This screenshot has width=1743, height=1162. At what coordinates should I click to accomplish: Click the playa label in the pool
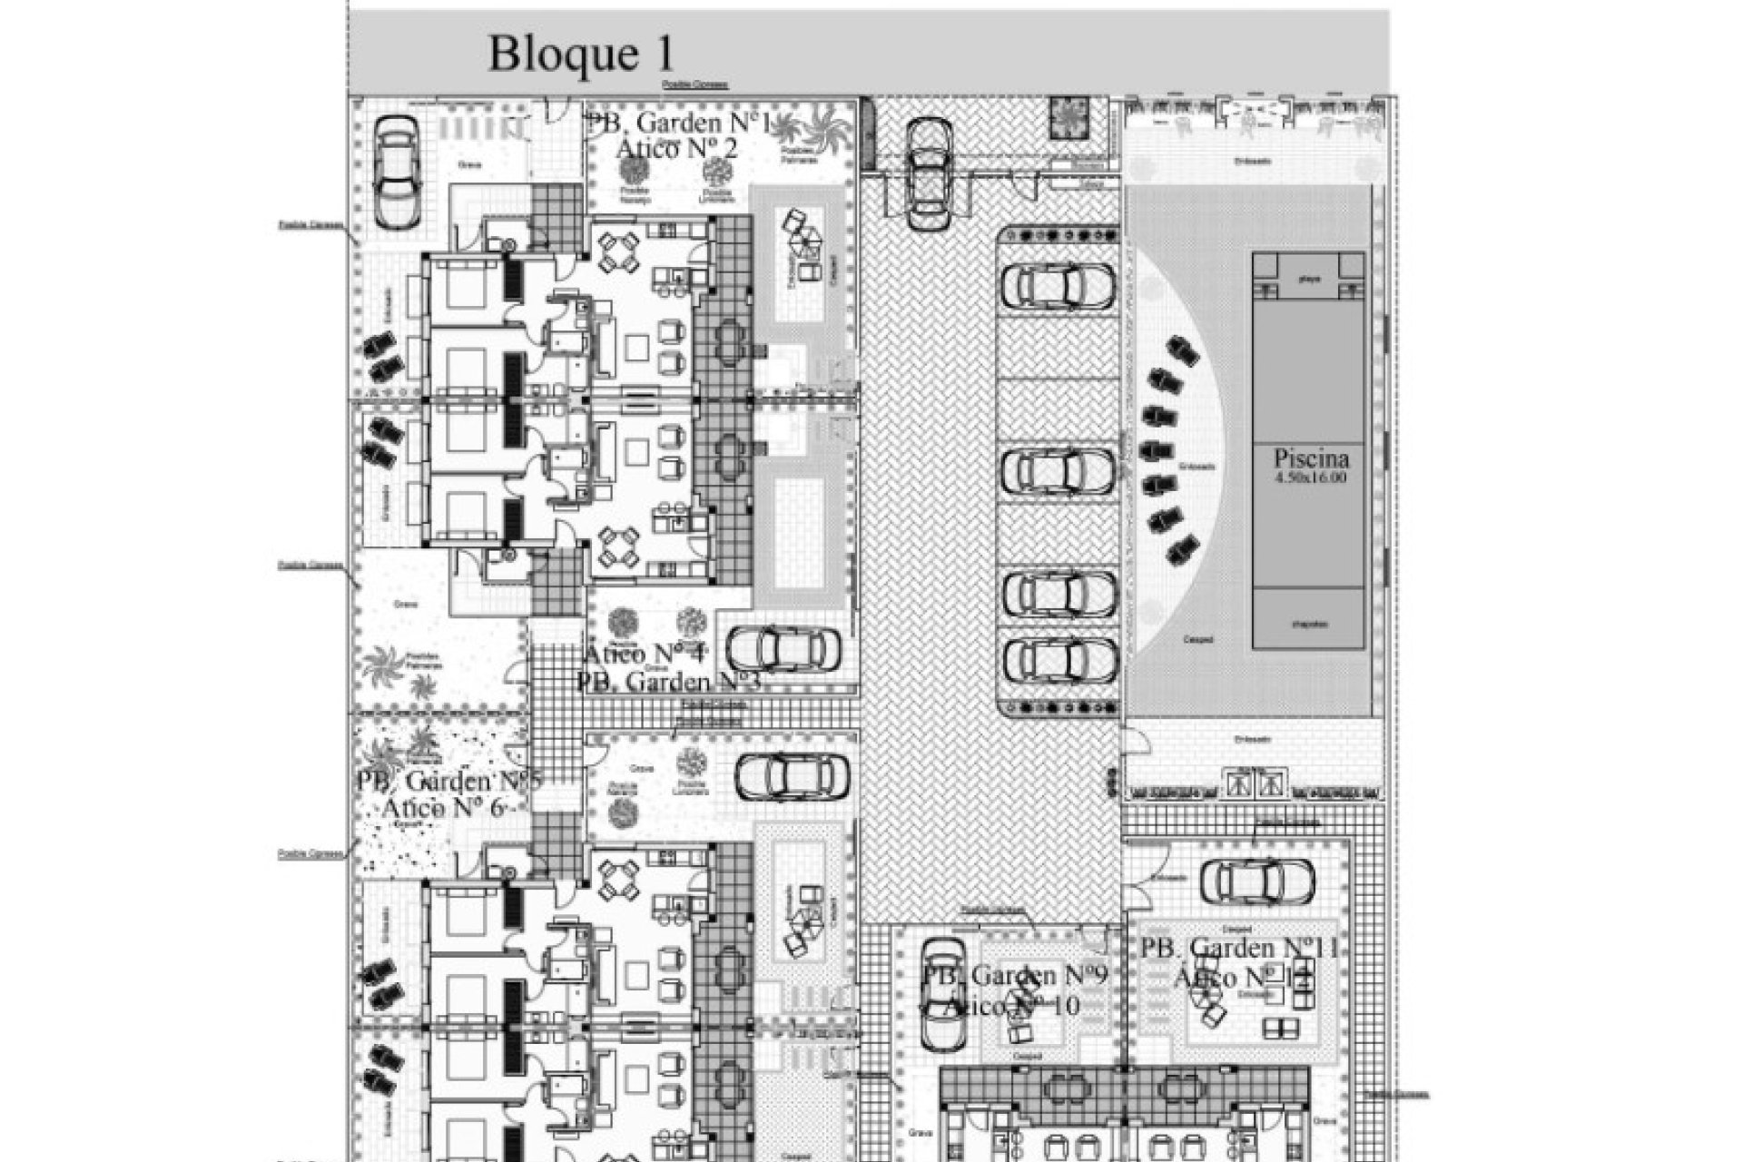(x=1308, y=280)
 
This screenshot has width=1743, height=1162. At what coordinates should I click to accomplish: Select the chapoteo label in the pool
(x=1308, y=624)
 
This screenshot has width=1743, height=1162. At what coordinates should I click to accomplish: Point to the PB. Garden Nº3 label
(x=667, y=681)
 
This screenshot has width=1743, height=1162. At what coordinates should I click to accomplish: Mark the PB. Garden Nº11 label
(x=1239, y=949)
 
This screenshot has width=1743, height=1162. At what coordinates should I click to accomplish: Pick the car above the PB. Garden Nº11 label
(x=1256, y=880)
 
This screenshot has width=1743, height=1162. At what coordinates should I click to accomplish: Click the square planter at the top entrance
(x=1069, y=116)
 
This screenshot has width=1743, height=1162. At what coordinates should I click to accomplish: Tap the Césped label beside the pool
(x=1197, y=639)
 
